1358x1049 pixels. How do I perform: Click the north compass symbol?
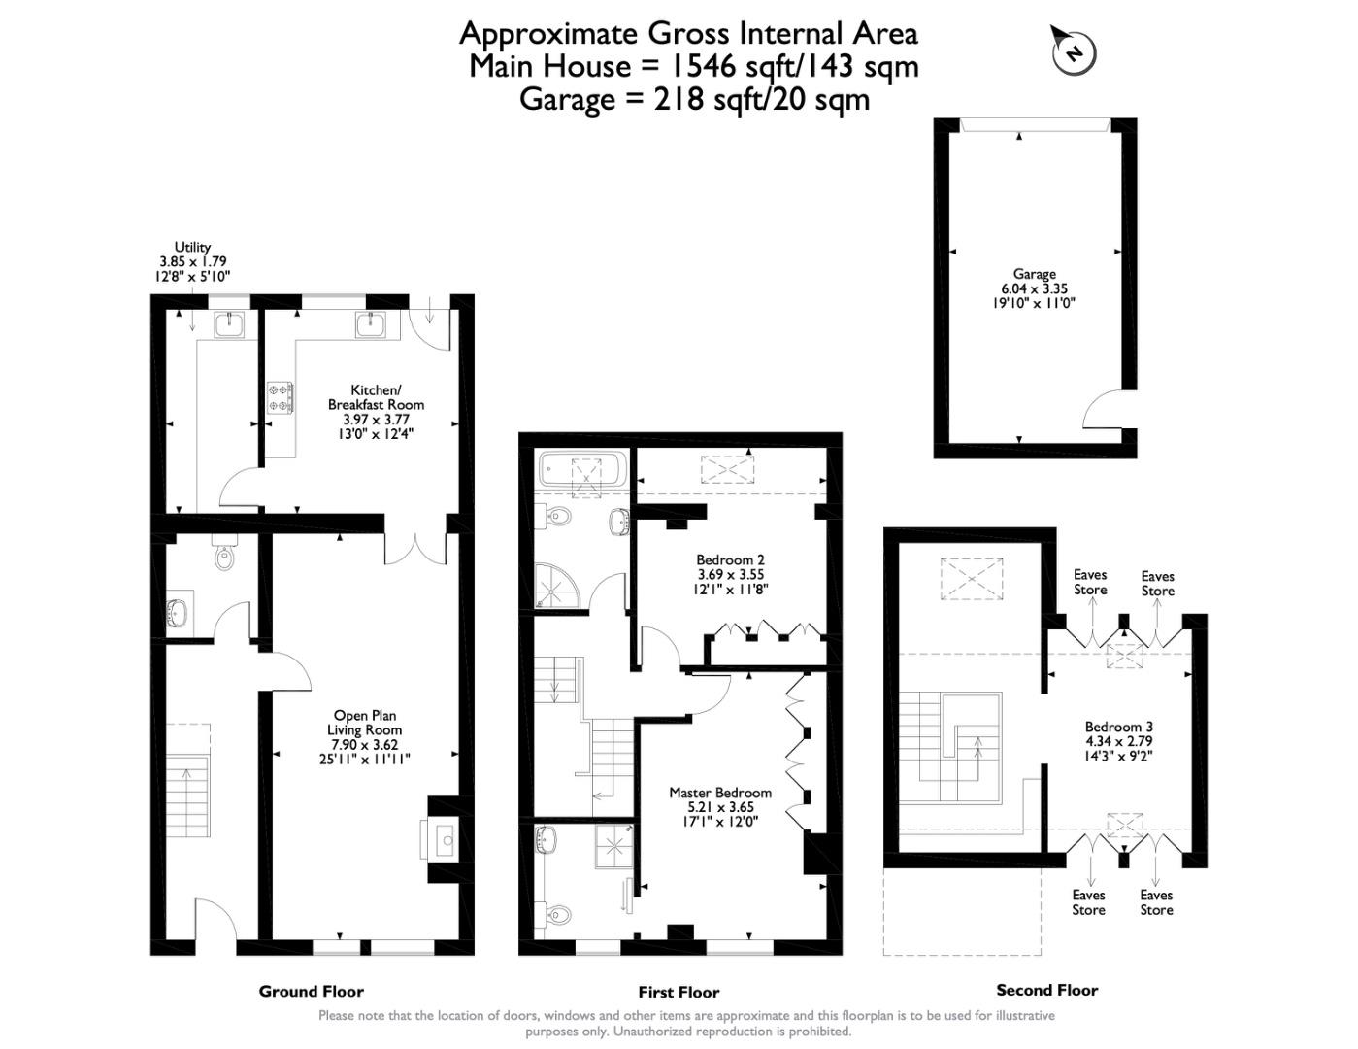click(1073, 51)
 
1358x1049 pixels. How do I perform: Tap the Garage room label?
click(1035, 274)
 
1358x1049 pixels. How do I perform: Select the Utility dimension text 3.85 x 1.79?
click(192, 261)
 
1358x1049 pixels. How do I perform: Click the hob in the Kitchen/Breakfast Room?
click(280, 397)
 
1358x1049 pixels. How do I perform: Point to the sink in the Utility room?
click(230, 324)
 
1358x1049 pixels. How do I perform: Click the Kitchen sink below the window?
click(373, 324)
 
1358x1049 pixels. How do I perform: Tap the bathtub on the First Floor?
click(582, 469)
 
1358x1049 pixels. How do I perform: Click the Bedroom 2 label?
click(730, 559)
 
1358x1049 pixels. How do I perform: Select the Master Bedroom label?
click(720, 793)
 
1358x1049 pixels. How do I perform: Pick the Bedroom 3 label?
click(1118, 727)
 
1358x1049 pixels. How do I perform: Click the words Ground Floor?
click(312, 991)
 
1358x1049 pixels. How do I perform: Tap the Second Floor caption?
click(1046, 990)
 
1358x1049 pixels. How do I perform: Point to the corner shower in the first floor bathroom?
click(557, 585)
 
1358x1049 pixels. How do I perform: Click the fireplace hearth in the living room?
click(438, 839)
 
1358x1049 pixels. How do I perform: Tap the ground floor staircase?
click(187, 780)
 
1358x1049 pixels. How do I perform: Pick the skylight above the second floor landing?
click(971, 579)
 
